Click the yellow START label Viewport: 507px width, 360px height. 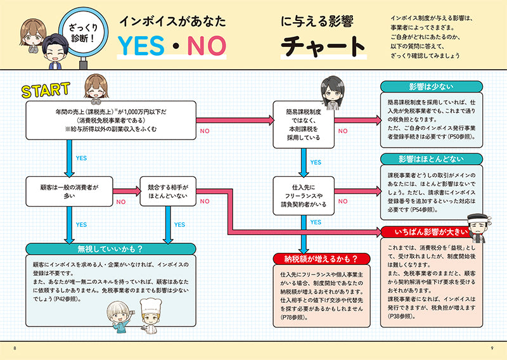tap(46, 90)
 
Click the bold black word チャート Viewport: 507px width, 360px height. tap(323, 46)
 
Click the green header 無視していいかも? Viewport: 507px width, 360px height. tap(110, 249)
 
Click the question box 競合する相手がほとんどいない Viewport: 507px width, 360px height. tap(167, 192)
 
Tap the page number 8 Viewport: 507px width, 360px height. tap(15, 347)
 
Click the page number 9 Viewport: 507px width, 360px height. tap(492, 347)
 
